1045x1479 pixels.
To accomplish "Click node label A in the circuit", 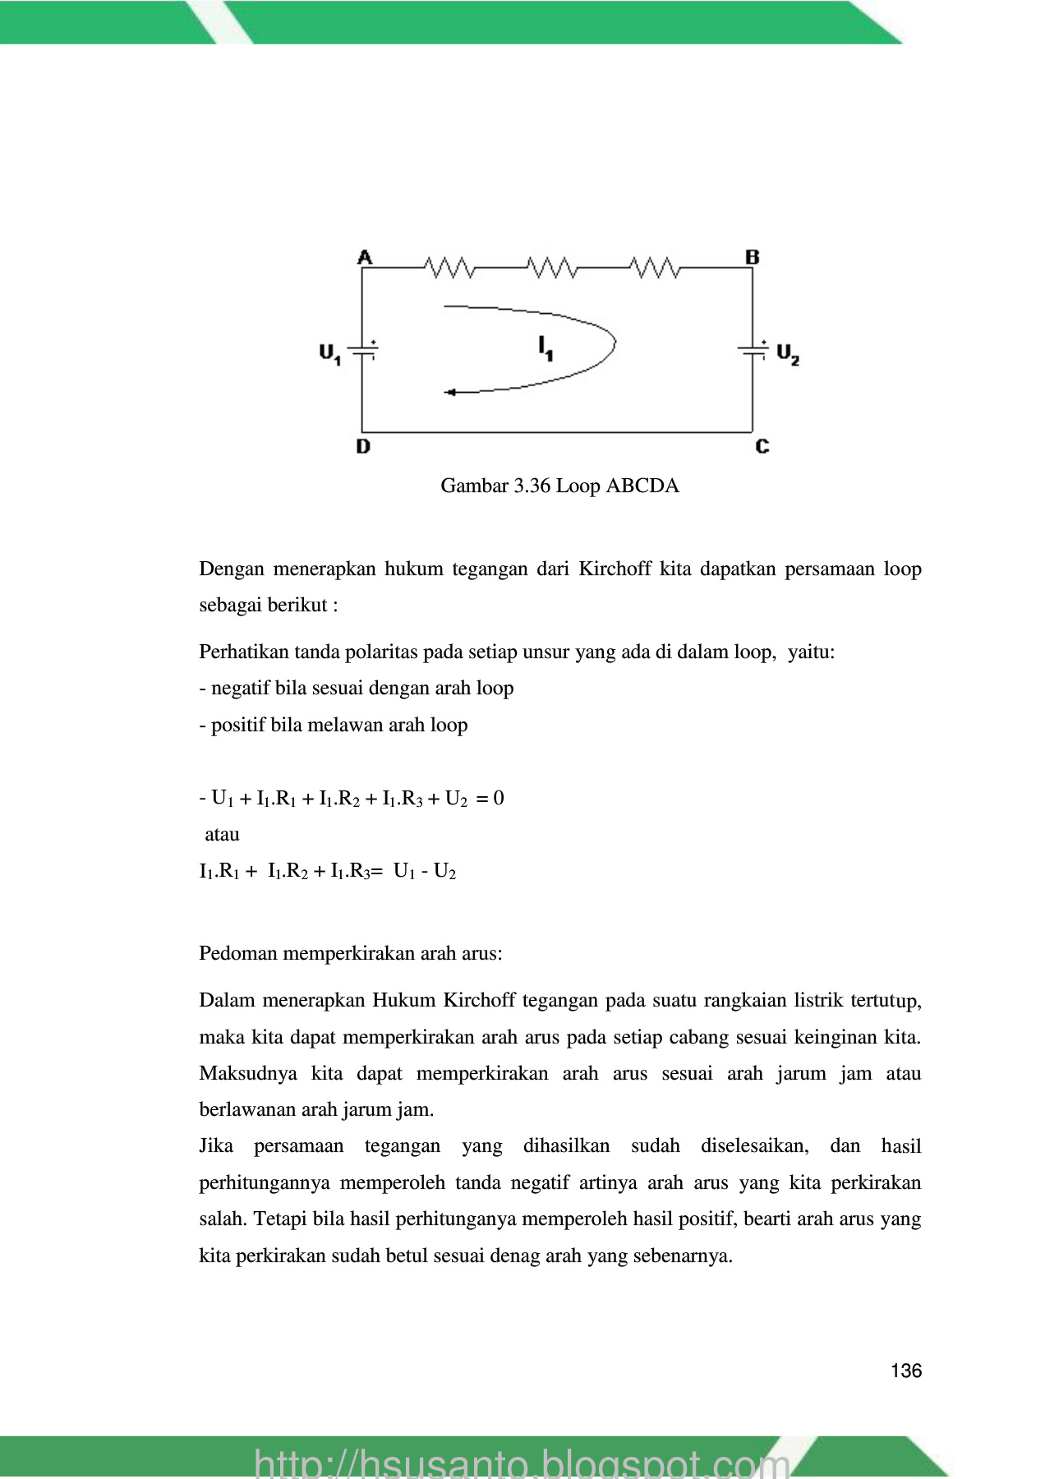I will (365, 257).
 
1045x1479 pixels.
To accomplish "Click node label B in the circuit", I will (752, 257).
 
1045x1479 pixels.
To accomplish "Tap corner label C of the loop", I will (762, 446).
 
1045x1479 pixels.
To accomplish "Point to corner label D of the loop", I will (363, 446).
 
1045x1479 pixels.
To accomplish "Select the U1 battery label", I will (329, 354).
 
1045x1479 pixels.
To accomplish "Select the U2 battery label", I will (787, 354).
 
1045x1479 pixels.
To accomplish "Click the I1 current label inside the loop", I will (546, 348).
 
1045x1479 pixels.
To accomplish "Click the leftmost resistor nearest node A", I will (449, 267).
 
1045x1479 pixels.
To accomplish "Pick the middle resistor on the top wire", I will (552, 267).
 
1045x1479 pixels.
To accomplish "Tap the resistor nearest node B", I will (655, 267).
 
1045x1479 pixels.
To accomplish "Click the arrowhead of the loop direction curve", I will (449, 393).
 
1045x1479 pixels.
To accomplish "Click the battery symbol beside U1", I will (363, 349).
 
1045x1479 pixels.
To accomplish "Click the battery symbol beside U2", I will (753, 349).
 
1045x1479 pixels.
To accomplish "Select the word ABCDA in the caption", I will (642, 486).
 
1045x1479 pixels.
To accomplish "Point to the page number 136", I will (905, 1371).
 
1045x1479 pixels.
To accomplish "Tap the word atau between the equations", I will (222, 834).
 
